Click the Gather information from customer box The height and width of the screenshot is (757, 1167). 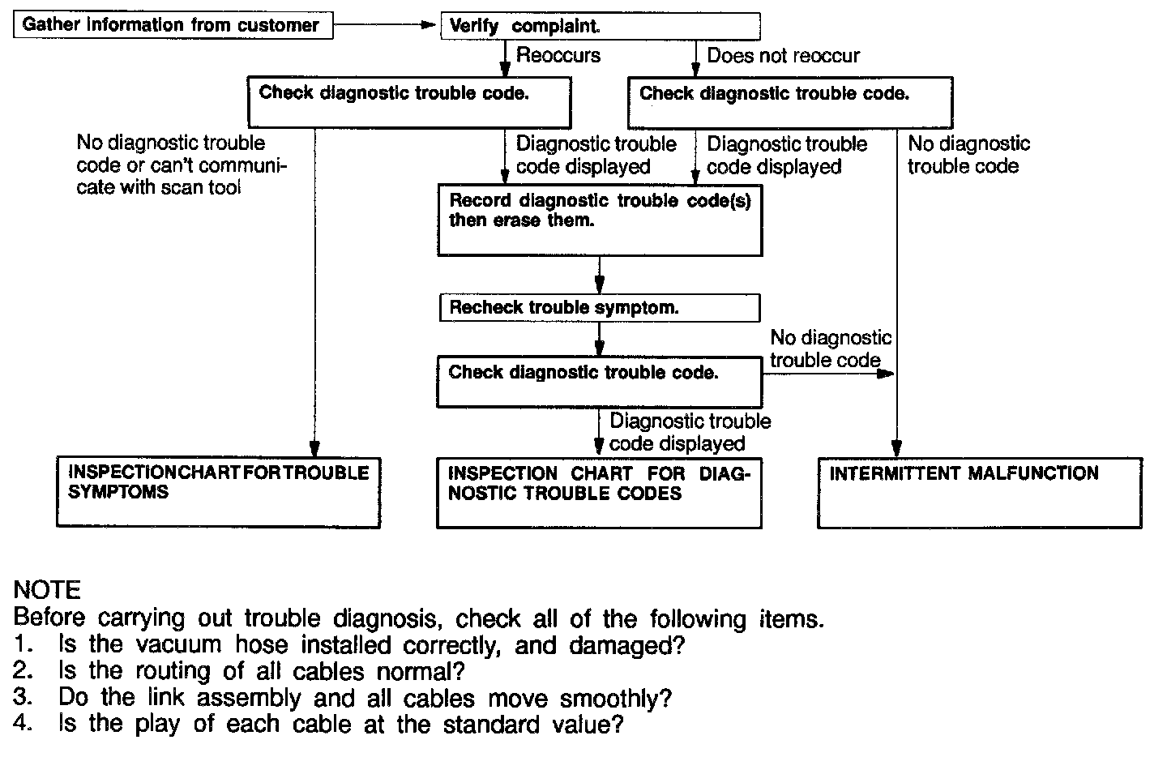[x=172, y=25]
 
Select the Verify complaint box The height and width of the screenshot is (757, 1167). [x=600, y=26]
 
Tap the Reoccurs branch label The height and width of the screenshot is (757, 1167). [x=558, y=55]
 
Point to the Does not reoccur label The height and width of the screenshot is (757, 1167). [x=783, y=55]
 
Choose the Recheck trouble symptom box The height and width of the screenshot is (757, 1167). [x=600, y=308]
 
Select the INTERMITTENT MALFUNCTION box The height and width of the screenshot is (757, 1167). [x=979, y=493]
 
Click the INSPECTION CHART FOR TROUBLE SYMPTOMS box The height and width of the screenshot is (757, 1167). [x=218, y=492]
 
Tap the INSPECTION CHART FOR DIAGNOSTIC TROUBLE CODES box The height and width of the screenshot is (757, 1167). [x=599, y=493]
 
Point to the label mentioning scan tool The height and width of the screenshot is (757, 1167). [x=182, y=165]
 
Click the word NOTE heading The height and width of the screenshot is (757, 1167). [x=47, y=589]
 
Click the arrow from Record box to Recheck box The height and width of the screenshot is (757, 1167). [x=600, y=276]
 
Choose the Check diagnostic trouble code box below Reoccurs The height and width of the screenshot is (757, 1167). [x=410, y=102]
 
